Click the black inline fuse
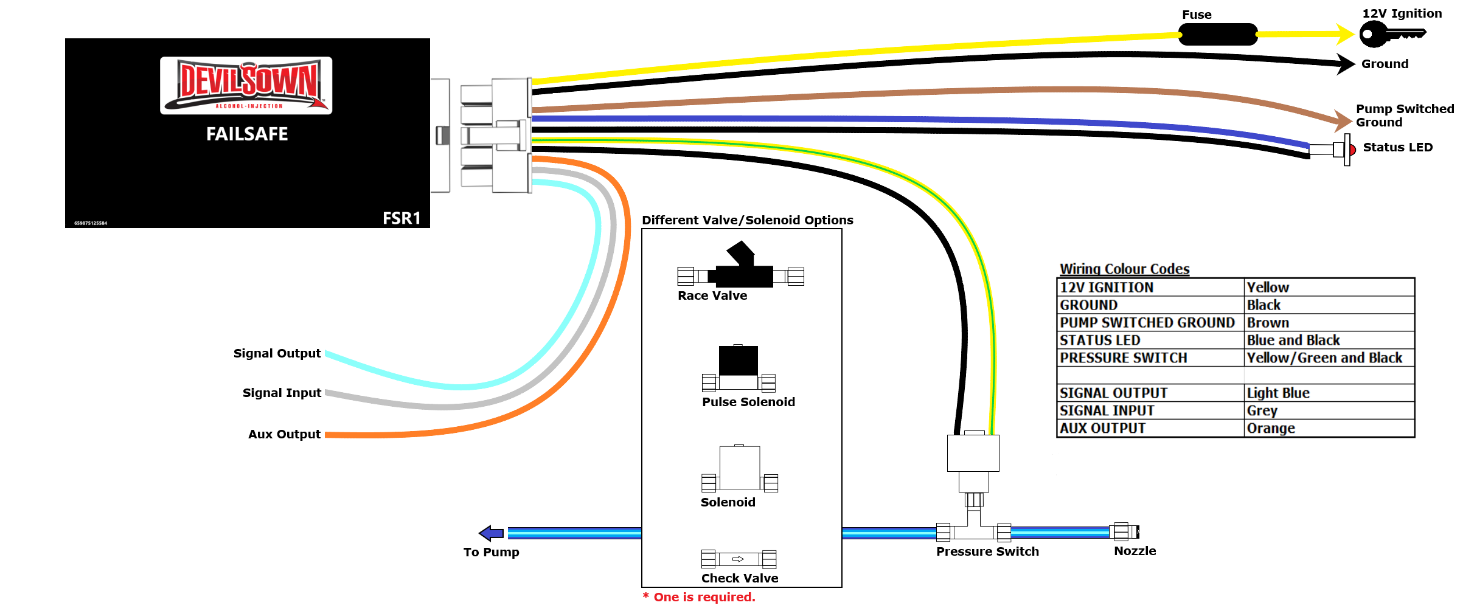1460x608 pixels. coord(1218,34)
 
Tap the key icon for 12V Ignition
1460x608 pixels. coord(1392,34)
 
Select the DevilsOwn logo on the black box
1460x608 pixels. coord(246,86)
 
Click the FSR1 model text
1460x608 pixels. coord(401,218)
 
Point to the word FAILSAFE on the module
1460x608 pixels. coord(247,134)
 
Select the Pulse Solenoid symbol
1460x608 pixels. coord(739,368)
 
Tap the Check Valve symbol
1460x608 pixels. coord(739,559)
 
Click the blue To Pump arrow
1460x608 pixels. coord(491,533)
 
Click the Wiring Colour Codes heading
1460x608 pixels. coord(1124,269)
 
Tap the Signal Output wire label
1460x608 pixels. coord(277,353)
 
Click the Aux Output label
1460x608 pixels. coord(284,434)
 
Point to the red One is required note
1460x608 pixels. coord(699,597)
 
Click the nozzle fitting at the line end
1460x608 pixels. coord(1124,532)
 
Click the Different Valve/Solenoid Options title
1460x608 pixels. coord(748,220)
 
